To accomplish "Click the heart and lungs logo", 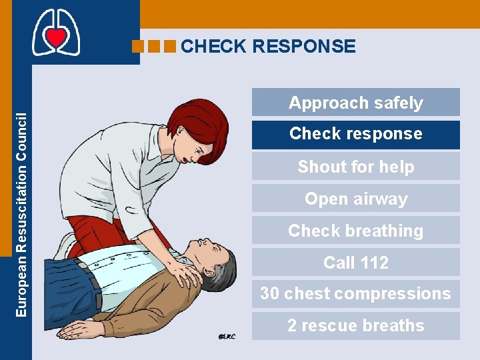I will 56,33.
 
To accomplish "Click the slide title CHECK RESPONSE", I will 268,46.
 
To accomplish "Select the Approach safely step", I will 355,103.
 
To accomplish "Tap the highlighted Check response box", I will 355,134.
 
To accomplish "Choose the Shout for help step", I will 355,167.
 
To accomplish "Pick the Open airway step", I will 355,199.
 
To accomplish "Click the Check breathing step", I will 355,231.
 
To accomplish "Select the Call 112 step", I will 355,263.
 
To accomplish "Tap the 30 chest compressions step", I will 355,294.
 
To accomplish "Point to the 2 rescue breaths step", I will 355,326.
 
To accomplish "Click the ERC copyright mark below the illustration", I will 228,337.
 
